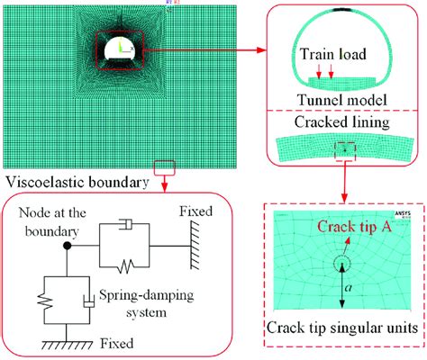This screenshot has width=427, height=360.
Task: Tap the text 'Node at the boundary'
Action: [45, 223]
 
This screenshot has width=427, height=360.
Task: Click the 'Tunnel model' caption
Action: [341, 99]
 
